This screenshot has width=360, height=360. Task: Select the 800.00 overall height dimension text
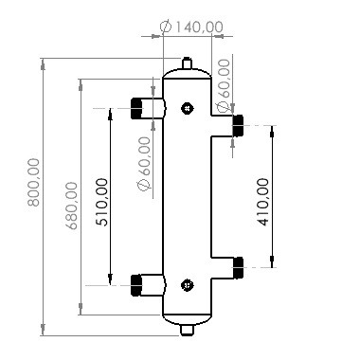click(x=35, y=195)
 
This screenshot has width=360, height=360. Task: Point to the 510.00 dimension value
click(x=101, y=201)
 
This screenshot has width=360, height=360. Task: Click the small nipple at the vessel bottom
click(x=188, y=329)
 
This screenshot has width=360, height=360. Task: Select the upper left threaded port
click(x=143, y=108)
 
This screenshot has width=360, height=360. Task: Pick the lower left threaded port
click(x=143, y=283)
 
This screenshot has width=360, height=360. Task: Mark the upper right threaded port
click(x=238, y=124)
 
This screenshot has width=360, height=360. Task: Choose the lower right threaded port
click(x=238, y=265)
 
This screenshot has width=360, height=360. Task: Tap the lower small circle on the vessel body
click(x=187, y=283)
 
